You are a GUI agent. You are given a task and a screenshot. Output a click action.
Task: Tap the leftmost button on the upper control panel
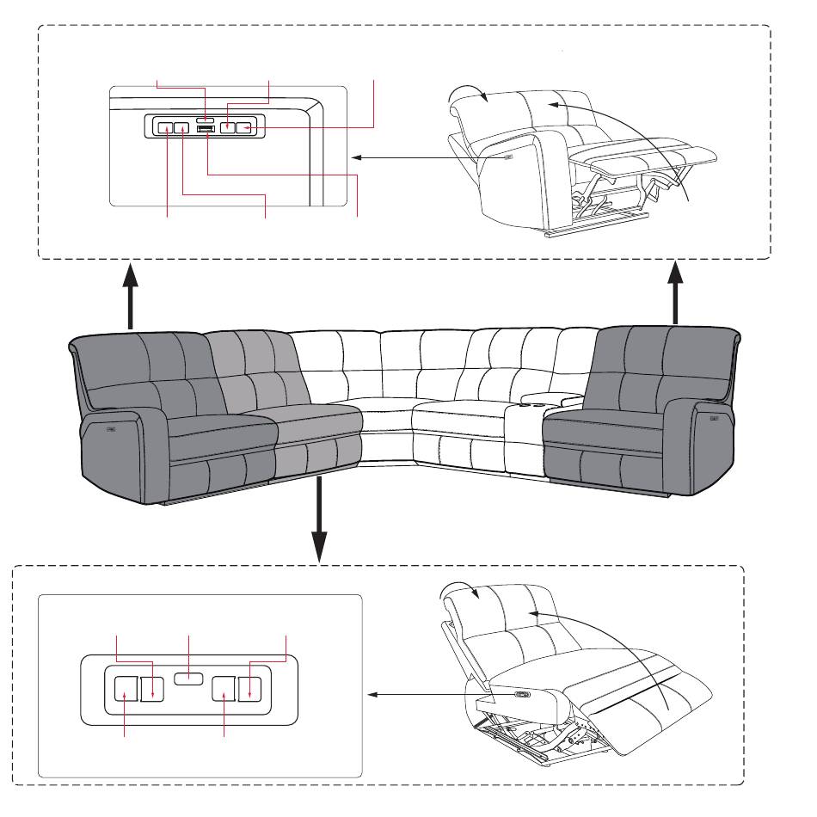pyautogui.click(x=165, y=128)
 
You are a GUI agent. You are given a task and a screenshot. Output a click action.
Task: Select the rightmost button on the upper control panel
pyautogui.click(x=246, y=128)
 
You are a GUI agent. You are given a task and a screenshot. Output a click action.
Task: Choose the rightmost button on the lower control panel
pyautogui.click(x=250, y=687)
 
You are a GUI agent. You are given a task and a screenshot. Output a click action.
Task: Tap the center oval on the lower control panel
pyautogui.click(x=188, y=679)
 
